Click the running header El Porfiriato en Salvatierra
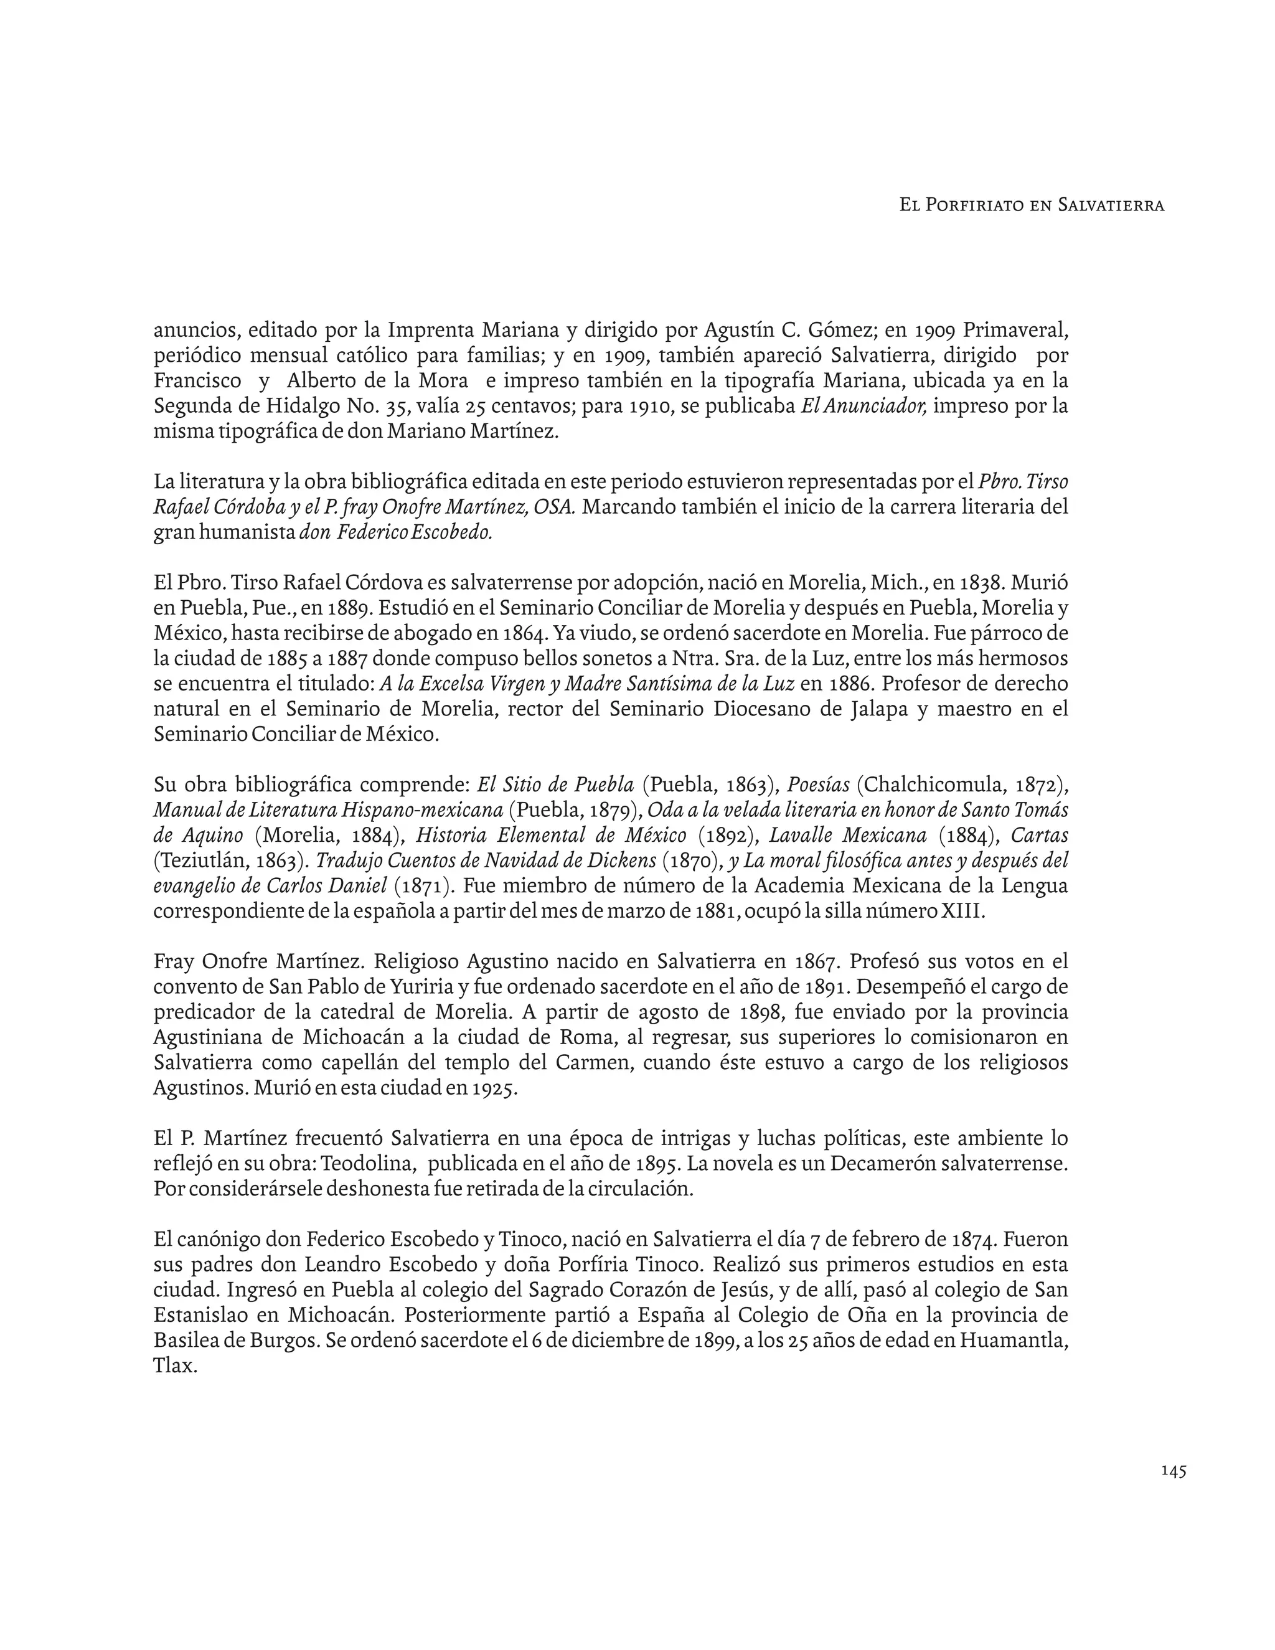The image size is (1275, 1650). click(x=1032, y=205)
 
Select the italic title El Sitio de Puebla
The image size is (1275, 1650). click(x=555, y=785)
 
